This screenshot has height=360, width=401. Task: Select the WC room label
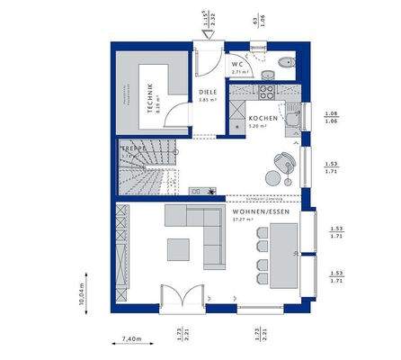click(x=238, y=66)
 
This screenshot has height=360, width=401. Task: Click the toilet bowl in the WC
click(x=284, y=62)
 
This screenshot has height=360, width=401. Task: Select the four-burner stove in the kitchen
click(x=267, y=90)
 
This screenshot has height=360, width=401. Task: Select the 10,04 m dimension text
click(x=82, y=292)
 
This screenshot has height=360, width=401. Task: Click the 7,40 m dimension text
click(x=132, y=339)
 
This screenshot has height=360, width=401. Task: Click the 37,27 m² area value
click(x=242, y=219)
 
